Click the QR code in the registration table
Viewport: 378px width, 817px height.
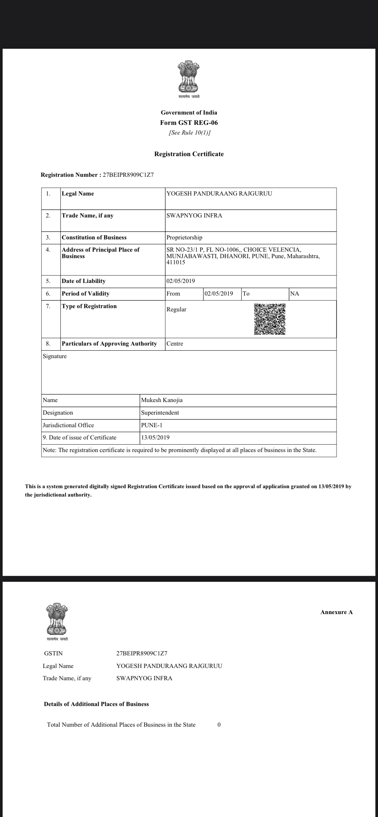[x=270, y=319]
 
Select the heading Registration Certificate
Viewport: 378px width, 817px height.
[x=189, y=154]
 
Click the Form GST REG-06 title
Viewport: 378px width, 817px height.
[x=189, y=123]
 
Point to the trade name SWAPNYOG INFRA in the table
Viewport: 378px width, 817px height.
[x=194, y=216]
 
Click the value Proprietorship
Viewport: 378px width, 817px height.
[x=184, y=237]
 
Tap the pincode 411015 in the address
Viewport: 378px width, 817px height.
[x=176, y=262]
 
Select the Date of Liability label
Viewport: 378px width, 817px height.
[x=84, y=281]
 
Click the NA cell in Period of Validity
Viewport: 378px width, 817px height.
[x=295, y=294]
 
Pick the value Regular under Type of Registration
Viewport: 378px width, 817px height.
[x=176, y=309]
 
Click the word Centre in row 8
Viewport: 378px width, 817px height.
[x=175, y=344]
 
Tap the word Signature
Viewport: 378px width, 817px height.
[x=55, y=356]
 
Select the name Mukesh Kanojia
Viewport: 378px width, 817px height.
[x=162, y=400]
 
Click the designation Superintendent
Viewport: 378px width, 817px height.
[x=160, y=413]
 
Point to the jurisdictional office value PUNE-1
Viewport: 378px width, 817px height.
[x=152, y=425]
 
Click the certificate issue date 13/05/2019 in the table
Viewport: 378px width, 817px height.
[x=155, y=438]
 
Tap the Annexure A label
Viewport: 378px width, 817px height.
[x=336, y=612]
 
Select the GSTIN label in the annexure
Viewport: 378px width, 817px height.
[x=53, y=653]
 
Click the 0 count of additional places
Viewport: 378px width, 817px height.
[x=219, y=725]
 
